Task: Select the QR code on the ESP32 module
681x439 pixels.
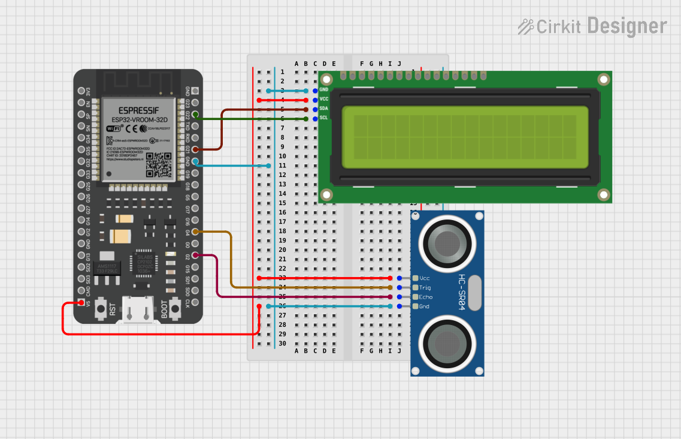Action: [159, 164]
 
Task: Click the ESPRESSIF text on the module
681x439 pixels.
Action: [139, 110]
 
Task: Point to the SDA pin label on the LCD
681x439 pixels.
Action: [323, 108]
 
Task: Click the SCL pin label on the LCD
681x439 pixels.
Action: [323, 118]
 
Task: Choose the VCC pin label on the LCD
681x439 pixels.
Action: [323, 98]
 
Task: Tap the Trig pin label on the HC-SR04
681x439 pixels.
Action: [425, 288]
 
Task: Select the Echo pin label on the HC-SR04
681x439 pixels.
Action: [425, 297]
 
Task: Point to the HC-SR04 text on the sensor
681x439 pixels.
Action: [462, 293]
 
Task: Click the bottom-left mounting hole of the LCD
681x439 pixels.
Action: [326, 194]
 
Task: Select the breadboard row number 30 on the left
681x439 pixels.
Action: [282, 344]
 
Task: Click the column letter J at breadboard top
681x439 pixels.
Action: [399, 64]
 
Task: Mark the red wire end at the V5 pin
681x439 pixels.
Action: [81, 303]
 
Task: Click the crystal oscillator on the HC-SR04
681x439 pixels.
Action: [475, 293]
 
